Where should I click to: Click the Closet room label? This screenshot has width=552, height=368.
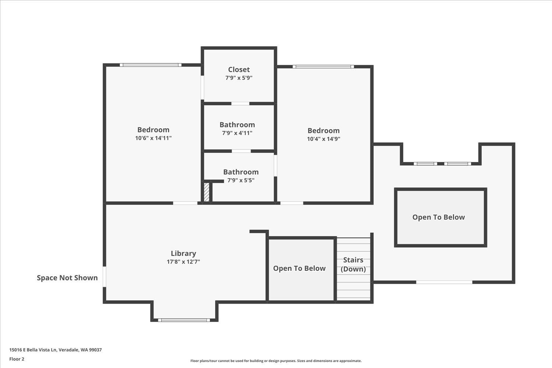tap(239, 70)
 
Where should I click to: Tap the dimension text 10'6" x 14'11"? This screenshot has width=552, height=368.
tap(153, 138)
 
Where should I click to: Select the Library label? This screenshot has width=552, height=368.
tap(183, 253)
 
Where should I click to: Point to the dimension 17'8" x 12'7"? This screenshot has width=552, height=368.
tap(183, 262)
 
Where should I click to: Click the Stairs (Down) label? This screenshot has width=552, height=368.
tap(353, 265)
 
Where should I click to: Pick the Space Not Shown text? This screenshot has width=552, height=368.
tap(67, 278)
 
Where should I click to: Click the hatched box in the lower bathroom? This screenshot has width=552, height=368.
tap(207, 192)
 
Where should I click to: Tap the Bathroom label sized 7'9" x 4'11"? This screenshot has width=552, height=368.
tap(237, 125)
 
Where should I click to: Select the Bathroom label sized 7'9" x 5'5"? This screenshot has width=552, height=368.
tap(241, 172)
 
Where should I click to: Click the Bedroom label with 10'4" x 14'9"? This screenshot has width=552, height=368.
tap(323, 131)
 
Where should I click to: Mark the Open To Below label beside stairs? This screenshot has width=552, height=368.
tap(299, 268)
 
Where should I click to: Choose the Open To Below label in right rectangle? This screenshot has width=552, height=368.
tap(439, 217)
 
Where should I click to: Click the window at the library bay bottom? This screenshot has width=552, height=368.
tap(184, 320)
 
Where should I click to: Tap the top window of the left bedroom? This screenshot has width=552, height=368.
tap(151, 65)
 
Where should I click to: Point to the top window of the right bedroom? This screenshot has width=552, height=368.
tap(323, 67)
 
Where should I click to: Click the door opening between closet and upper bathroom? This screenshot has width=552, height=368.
tap(240, 103)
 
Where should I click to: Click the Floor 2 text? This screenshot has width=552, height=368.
tap(17, 359)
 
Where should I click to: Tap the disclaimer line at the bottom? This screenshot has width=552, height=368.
tap(276, 361)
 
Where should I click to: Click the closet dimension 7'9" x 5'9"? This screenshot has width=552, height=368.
tap(239, 78)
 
